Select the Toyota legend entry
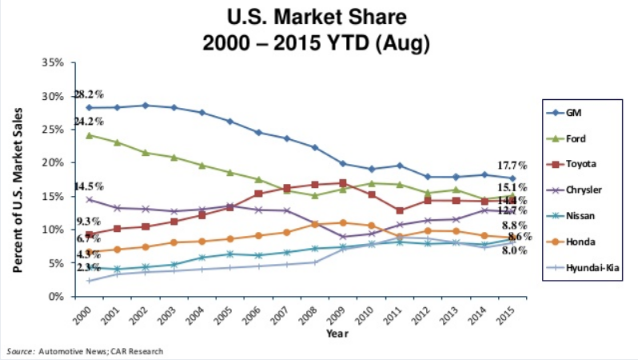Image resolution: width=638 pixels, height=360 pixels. [580, 164]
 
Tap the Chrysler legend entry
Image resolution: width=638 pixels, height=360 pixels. [581, 190]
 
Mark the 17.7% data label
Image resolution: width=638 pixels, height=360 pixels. [512, 166]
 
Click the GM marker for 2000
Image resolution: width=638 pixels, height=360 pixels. [89, 107]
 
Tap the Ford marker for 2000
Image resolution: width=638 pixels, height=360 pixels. [89, 134]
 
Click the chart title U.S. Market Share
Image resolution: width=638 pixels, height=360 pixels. [318, 18]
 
